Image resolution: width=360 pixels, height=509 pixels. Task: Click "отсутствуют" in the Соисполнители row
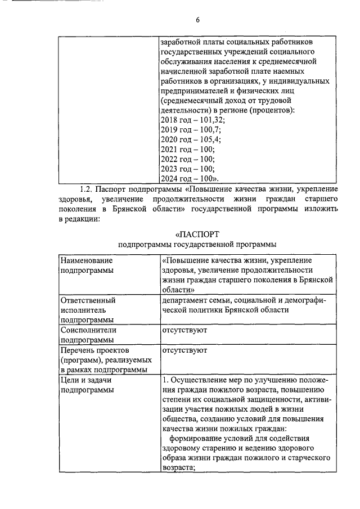click(x=184, y=330)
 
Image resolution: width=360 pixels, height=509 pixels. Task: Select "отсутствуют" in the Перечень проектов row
click(x=184, y=350)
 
